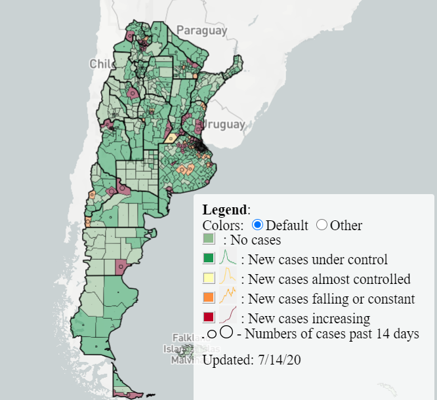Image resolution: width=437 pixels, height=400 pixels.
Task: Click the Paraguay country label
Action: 202,30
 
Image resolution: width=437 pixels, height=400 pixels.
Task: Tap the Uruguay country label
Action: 224,124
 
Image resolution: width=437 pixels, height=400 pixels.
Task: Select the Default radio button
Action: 258,225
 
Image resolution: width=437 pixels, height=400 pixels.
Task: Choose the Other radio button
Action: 322,225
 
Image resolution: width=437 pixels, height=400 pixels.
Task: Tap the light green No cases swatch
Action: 209,240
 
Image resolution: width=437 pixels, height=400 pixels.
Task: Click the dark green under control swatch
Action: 209,259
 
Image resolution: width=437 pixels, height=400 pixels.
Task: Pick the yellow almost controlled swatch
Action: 209,279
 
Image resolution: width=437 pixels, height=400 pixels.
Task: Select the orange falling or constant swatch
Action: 209,298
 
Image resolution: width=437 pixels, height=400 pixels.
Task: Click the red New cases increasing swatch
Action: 209,318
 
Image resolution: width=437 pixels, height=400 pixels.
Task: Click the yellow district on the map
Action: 171,138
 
